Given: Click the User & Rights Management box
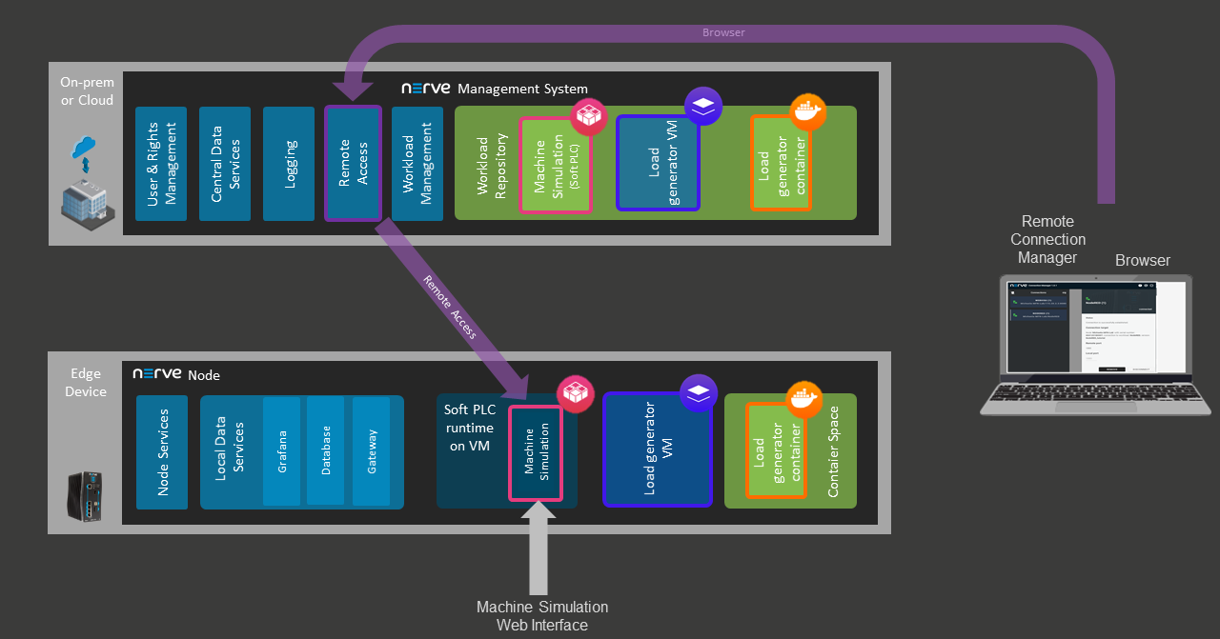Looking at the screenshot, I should pos(160,164).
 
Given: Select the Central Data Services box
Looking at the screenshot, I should pos(224,164).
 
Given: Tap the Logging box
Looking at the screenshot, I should pos(288,164).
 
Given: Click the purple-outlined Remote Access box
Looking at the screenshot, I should pos(353,164).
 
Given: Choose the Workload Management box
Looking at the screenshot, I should pos(417,164).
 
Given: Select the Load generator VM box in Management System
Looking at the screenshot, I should pos(658,163).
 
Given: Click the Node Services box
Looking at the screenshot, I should pos(162,452).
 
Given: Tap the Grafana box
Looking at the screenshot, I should pos(281,451).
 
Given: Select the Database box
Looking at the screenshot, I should pos(325,450).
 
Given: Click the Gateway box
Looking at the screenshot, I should pos(371,451).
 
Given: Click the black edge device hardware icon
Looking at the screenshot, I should pos(86,495).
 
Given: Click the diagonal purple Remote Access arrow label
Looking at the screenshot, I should pos(450,308).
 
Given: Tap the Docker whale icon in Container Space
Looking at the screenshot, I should pos(803,400).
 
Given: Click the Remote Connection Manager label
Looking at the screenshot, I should pos(1047,239).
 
